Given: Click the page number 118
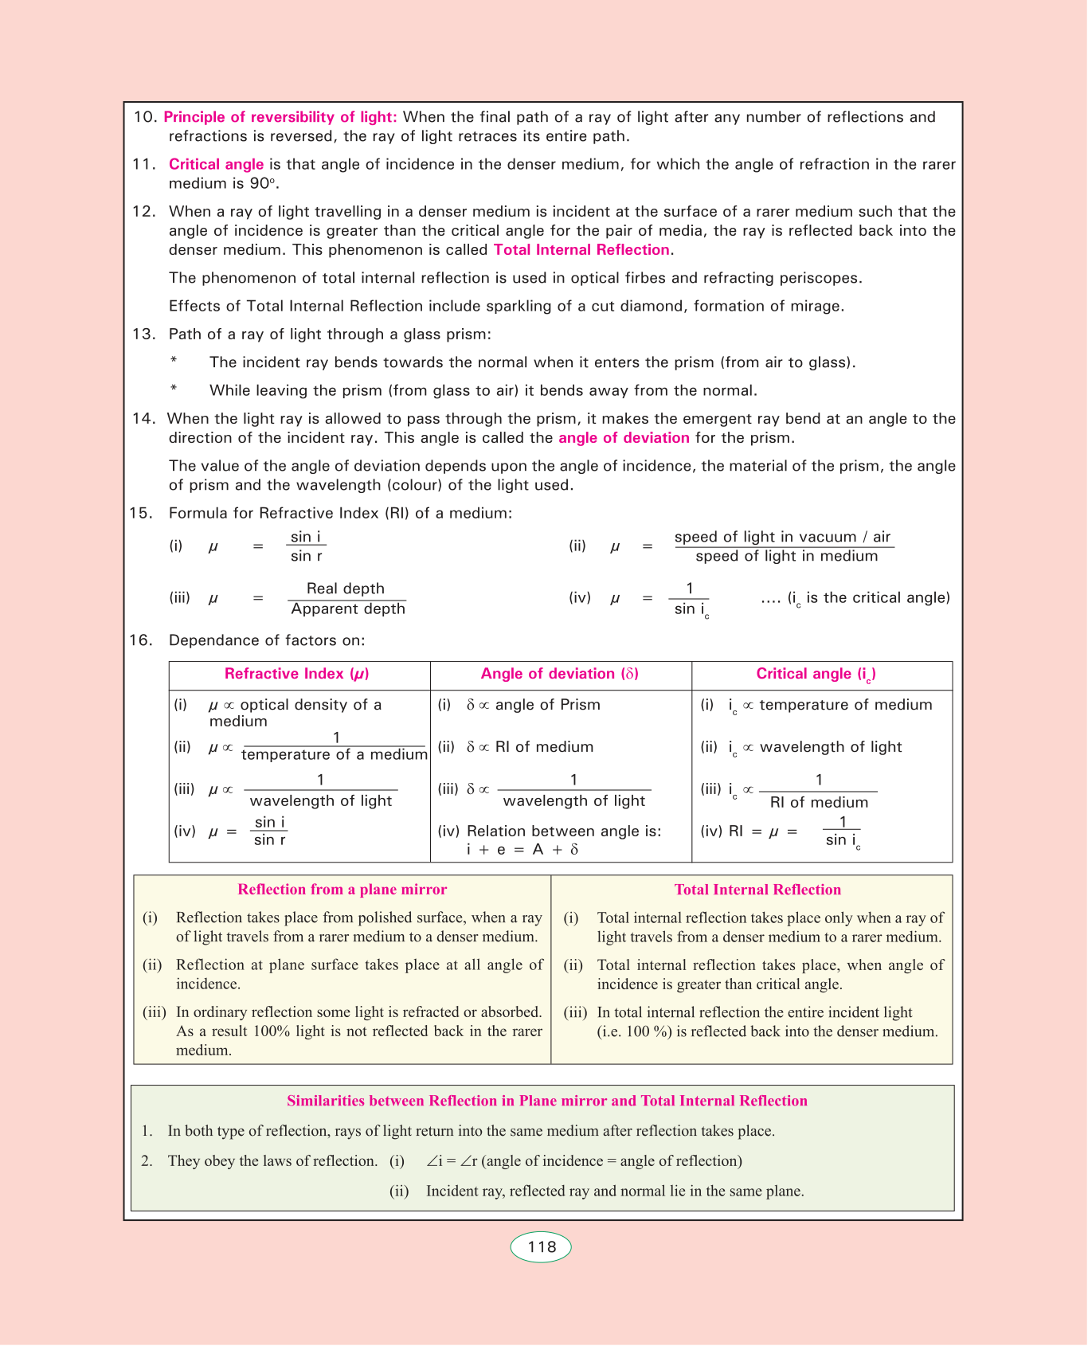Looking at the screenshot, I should coord(541,1247).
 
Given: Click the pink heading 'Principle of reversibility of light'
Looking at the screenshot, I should coord(280,117).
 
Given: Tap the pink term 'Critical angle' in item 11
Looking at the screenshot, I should coord(216,165).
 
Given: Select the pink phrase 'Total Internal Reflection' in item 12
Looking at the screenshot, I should coord(581,250).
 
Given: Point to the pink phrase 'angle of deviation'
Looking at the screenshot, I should coord(624,438).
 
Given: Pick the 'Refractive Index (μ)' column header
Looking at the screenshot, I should coord(297,674).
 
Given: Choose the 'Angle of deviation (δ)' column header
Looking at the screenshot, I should coord(559,674).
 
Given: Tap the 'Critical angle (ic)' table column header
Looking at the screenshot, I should coord(816,675).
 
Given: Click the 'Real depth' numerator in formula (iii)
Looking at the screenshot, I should coord(346,589).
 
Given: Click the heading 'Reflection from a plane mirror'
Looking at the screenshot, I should coord(342,890).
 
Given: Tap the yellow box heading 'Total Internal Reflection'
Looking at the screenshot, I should coord(757,890).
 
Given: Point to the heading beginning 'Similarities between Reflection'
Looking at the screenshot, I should coord(547,1101).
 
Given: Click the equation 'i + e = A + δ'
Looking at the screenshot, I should coord(522,849).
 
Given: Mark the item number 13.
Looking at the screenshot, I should coord(143,335).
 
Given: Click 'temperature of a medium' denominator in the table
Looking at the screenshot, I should coord(335,754).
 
